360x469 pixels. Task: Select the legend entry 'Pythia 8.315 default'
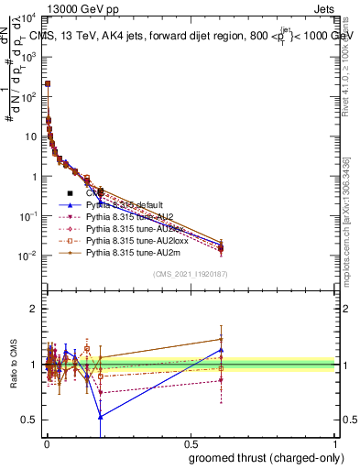(123, 205)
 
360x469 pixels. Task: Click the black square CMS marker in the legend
(70, 193)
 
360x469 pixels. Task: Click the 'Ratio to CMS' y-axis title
(13, 364)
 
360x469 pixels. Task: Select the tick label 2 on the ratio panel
(34, 309)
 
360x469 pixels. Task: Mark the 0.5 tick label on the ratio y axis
(29, 420)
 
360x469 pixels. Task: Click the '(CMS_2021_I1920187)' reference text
(191, 274)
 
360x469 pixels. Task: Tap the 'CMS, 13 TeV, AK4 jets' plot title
(101, 36)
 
